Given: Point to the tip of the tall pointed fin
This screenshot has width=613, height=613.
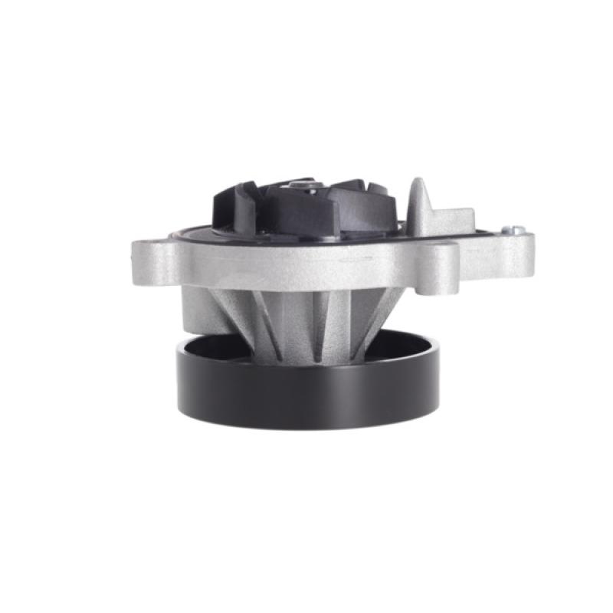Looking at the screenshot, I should click(417, 182).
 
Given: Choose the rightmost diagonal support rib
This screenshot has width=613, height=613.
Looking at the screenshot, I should click(375, 314).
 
